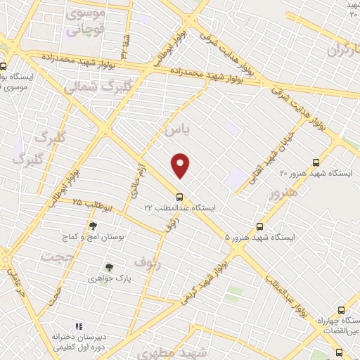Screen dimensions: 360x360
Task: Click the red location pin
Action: point(181,165)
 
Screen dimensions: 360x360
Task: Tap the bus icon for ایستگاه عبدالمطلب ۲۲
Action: point(180,197)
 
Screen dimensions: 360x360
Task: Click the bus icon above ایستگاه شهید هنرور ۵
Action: point(260,226)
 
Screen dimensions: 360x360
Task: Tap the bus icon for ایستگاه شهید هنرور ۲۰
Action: point(316,161)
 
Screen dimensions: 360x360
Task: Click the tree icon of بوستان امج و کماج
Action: point(93,226)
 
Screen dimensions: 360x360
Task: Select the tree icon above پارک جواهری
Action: point(108,266)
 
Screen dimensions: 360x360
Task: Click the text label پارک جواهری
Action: point(110,278)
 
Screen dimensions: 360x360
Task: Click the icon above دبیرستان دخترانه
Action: point(79,326)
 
